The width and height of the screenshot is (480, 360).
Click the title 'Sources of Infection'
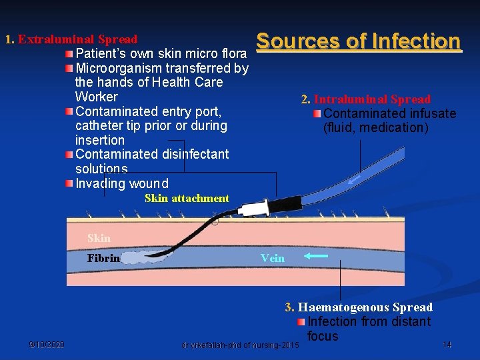pyautogui.click(x=358, y=41)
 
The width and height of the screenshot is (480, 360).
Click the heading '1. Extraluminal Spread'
pyautogui.click(x=71, y=39)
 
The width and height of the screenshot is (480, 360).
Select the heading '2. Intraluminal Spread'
pyautogui.click(x=366, y=99)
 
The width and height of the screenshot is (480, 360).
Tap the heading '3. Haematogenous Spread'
pyautogui.click(x=359, y=307)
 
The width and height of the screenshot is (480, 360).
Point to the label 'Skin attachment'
pyautogui.click(x=187, y=198)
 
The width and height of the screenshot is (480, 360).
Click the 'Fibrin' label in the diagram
pyautogui.click(x=103, y=258)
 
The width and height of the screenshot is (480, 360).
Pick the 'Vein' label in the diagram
pyautogui.click(x=273, y=258)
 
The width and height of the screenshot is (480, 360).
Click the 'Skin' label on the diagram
pyautogui.click(x=99, y=238)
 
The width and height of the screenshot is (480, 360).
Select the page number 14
pyautogui.click(x=447, y=345)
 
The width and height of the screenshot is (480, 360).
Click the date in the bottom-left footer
pyautogui.click(x=47, y=345)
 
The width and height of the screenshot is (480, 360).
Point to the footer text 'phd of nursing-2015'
pyautogui.click(x=254, y=345)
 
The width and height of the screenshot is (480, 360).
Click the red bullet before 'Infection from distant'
pyautogui.click(x=301, y=322)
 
